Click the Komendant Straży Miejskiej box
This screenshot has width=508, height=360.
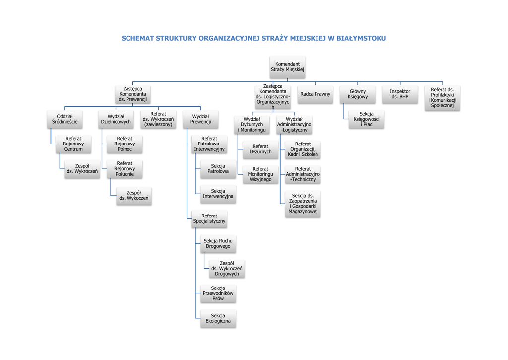coord(288,67)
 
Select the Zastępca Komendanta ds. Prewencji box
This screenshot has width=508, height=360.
coord(132,94)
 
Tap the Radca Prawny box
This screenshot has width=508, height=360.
coord(315,94)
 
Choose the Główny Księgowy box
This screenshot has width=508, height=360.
coord(358,94)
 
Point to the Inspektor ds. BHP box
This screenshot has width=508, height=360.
coord(400,94)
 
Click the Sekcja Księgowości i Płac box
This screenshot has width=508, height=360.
coord(367,119)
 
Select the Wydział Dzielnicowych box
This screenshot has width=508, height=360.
coord(116,119)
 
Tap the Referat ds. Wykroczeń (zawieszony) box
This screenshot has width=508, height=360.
coord(158,119)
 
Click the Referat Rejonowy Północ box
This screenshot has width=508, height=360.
coord(125,144)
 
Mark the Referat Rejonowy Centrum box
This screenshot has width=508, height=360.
coord(73,144)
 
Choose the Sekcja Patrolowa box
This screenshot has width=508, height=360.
coord(218,169)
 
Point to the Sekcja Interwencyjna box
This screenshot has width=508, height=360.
coord(218,194)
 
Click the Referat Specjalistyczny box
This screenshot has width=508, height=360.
coord(209,218)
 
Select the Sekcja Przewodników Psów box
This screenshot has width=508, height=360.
coord(218,293)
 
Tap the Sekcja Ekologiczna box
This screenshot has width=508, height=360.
coord(218,318)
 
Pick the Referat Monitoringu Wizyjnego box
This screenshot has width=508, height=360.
coord(260,174)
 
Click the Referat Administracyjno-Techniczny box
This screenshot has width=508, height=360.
coord(303,174)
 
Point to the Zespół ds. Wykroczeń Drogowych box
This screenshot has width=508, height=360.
coord(227,269)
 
